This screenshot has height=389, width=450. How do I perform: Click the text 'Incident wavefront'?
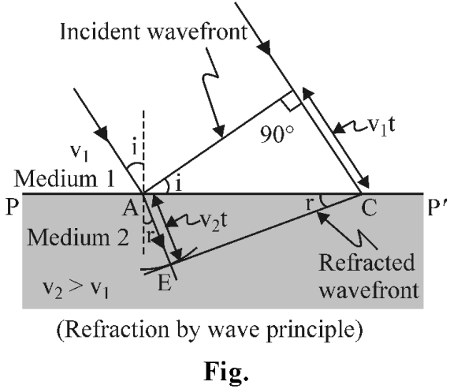[x=154, y=31]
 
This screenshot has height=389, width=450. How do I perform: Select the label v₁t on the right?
[x=381, y=125]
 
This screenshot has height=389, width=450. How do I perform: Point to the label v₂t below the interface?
[x=213, y=221]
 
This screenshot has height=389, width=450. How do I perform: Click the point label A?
[x=130, y=208]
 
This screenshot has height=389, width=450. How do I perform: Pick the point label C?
[x=369, y=208]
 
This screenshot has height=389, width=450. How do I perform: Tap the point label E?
[x=165, y=283]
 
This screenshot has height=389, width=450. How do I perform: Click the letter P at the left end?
[x=12, y=207]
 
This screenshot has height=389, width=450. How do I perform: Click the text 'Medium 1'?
[x=65, y=178]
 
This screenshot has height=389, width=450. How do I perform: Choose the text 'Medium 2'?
[x=78, y=238]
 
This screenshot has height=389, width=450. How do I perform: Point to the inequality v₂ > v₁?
[x=76, y=289]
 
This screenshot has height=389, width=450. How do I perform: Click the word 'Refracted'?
[x=366, y=263]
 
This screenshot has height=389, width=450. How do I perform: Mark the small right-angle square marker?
[x=291, y=101]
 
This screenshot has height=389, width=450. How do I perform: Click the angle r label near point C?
[x=309, y=204]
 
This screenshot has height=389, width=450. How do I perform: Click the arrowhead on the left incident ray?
[x=102, y=133]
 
